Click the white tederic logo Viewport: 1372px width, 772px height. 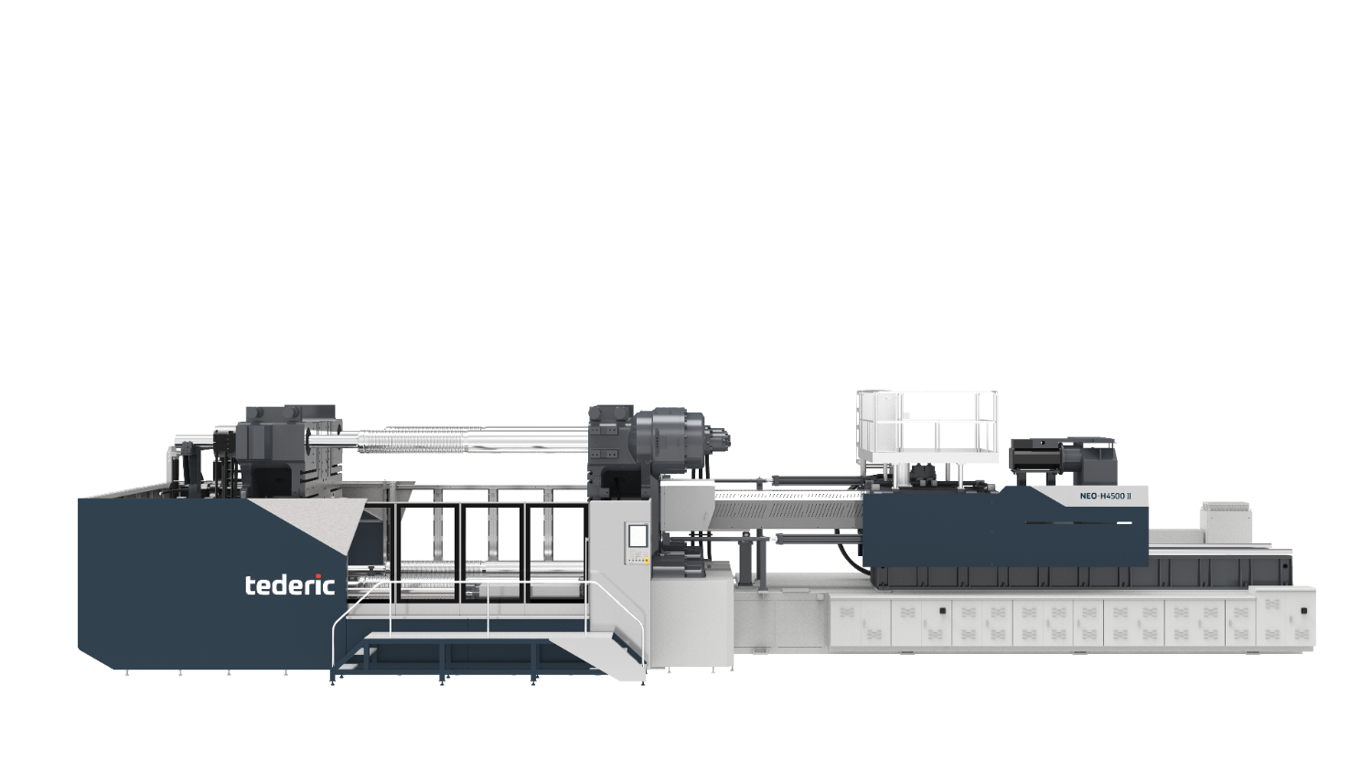click(x=290, y=584)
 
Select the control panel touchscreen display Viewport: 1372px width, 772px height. click(x=637, y=535)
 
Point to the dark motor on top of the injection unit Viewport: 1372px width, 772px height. click(x=1063, y=460)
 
